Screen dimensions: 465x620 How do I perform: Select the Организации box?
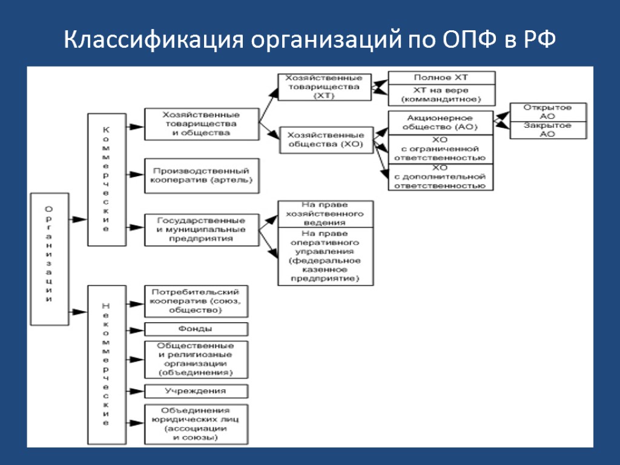tap(50, 259)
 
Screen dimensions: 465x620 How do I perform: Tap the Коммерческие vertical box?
tap(107, 179)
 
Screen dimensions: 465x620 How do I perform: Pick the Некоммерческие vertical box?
tap(107, 365)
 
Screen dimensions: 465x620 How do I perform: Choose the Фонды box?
tap(196, 329)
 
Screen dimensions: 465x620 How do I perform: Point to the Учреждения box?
tap(196, 391)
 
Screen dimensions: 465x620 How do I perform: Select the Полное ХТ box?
tap(441, 78)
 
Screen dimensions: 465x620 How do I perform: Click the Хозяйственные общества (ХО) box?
tap(325, 140)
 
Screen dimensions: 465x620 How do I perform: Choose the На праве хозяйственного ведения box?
tap(325, 214)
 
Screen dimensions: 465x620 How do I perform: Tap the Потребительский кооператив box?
tap(196, 301)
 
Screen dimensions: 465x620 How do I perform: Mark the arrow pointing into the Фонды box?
tap(135, 329)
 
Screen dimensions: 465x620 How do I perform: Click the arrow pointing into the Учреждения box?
tap(135, 391)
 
